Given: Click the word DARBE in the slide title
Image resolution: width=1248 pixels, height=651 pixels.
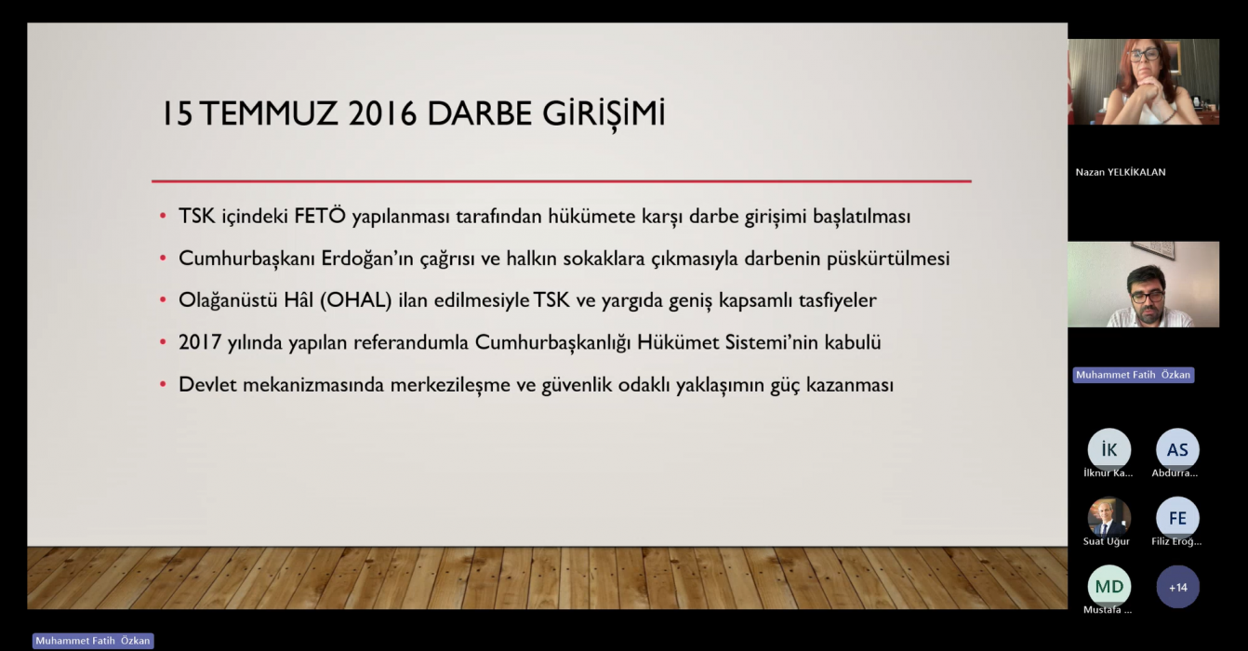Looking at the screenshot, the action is coord(479,113).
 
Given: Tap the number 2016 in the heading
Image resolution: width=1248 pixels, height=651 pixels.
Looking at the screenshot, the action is coord(383,113).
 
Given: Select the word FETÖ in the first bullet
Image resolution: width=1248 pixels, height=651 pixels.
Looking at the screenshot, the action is coord(320,216).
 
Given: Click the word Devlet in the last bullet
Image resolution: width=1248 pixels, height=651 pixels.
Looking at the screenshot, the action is coord(207,385).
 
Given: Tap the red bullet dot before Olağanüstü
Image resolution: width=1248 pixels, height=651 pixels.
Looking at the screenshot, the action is coord(163,299).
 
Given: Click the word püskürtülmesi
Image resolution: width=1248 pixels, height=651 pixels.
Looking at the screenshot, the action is coord(888,259).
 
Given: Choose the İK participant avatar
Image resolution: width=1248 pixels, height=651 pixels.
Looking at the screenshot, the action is coord(1109,449).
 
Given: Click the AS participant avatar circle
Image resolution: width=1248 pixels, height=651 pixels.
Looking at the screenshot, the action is coord(1177,449).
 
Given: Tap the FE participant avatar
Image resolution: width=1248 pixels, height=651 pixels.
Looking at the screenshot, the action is coord(1177,518).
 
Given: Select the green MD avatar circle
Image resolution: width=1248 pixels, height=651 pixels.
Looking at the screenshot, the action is coord(1109,586).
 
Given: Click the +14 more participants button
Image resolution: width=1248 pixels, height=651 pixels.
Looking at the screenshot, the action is coord(1177,587).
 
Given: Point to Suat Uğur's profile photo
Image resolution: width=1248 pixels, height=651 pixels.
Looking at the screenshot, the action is coord(1109,518).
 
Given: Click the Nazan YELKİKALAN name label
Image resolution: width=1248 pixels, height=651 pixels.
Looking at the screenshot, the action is coord(1121,172).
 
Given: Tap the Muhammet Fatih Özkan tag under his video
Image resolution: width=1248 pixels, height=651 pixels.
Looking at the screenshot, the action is coord(1134,375).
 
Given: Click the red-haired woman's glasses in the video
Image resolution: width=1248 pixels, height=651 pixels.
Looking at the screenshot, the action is coord(1145,55).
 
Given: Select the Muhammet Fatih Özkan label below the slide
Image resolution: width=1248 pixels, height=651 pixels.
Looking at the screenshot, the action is coord(93,641).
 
